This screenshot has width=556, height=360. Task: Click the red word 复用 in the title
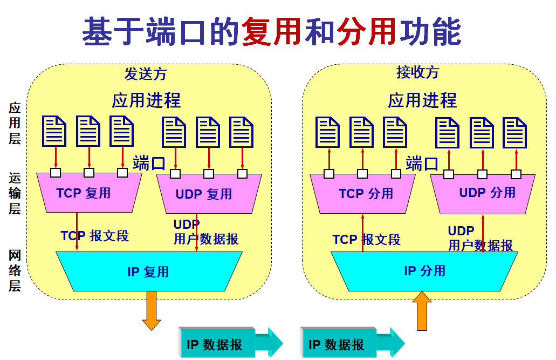point(272,31)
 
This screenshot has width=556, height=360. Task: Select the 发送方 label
point(146,74)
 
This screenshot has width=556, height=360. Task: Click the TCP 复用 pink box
point(89,193)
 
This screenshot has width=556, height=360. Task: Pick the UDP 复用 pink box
point(208,194)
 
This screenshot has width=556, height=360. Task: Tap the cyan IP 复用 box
point(148,271)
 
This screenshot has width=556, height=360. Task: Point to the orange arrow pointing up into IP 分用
point(422,310)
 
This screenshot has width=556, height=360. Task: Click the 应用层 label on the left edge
point(15,123)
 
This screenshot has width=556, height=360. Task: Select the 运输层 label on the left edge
point(15,193)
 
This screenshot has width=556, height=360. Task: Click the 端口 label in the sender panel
point(149,162)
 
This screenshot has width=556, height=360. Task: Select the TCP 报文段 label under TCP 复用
point(95,236)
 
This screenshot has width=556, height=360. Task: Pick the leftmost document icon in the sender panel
point(54,131)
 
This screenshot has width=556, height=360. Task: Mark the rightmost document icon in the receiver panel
point(514,132)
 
